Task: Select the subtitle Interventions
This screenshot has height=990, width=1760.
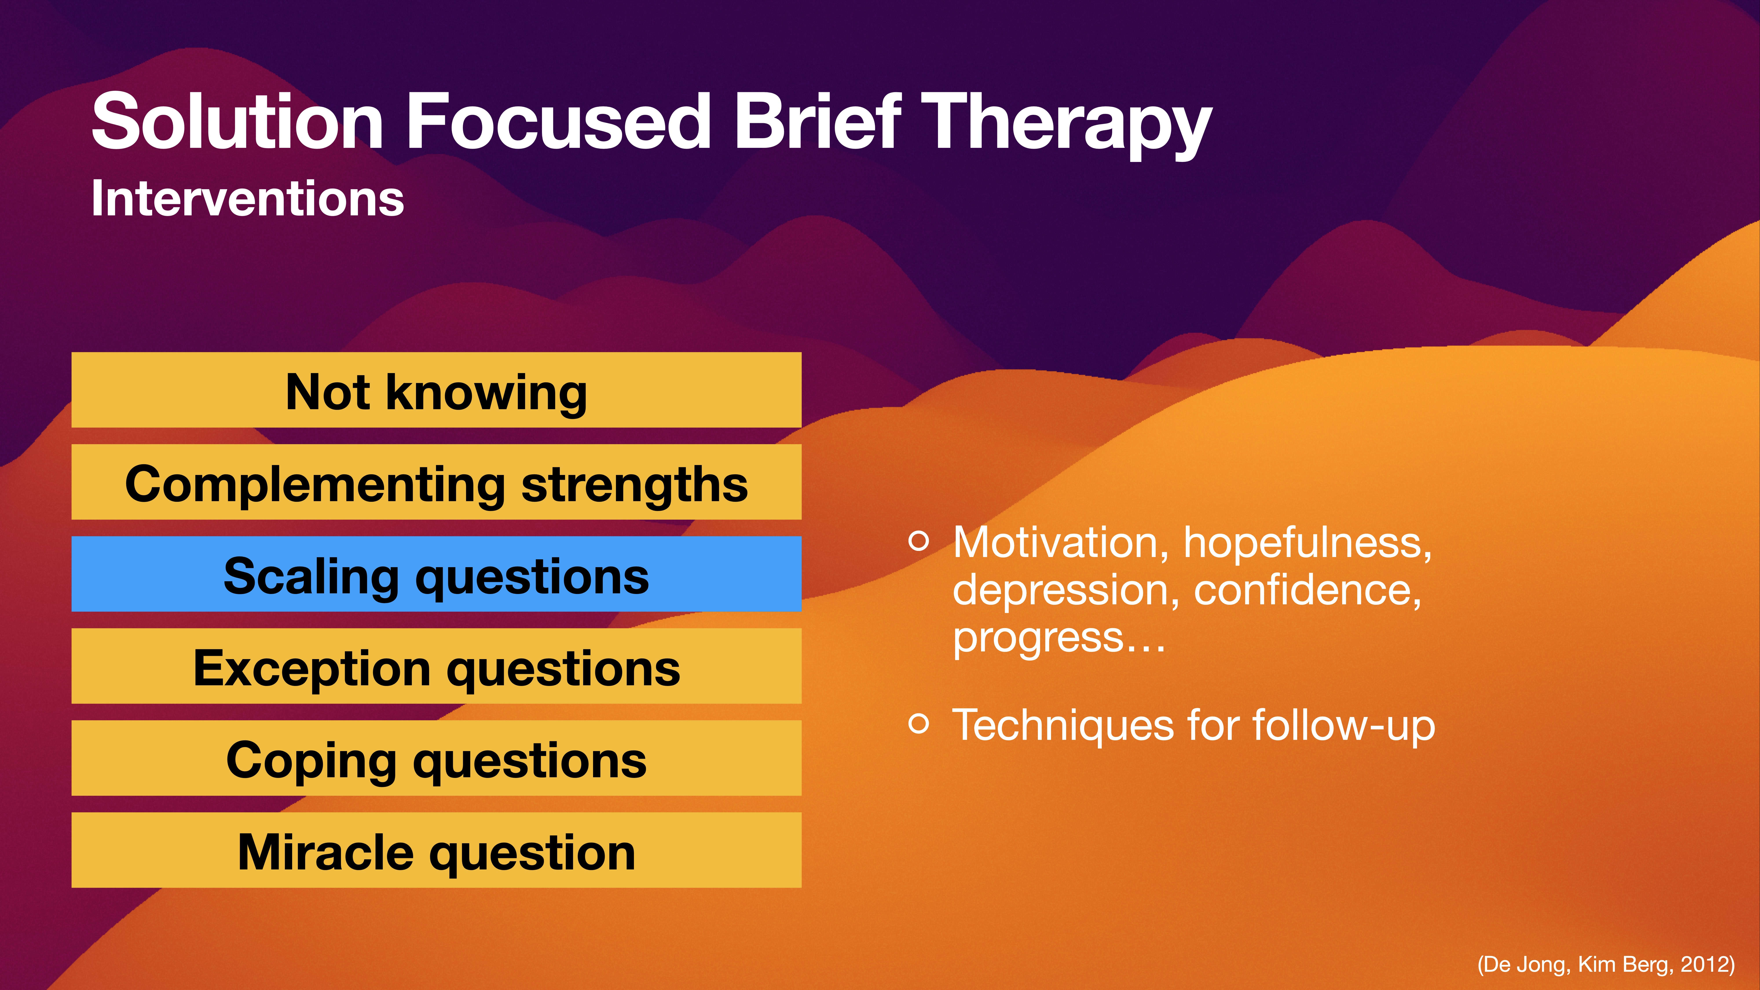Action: [247, 199]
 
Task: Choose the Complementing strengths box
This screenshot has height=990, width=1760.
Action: [436, 482]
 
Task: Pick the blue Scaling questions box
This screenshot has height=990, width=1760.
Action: [436, 575]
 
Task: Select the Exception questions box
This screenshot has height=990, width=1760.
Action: [436, 667]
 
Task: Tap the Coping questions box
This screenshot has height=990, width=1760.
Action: [436, 758]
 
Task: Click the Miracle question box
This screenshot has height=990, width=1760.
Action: [436, 851]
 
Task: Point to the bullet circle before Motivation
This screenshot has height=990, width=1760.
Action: [919, 541]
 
